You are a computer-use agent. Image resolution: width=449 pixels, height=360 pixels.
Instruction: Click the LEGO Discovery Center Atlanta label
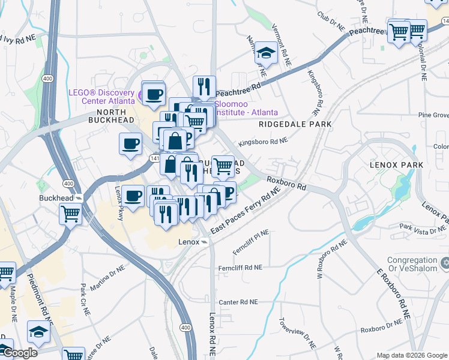click(101, 96)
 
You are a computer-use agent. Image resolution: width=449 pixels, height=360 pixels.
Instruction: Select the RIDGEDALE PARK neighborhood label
click(295, 124)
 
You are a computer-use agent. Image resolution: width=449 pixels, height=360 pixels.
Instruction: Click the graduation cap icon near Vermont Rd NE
click(265, 53)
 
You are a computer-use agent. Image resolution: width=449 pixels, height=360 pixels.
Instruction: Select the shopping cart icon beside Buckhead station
click(70, 212)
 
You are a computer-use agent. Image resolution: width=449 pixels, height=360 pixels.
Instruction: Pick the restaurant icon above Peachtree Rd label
click(204, 86)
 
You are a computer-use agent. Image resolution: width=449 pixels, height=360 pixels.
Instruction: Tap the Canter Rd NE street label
click(238, 302)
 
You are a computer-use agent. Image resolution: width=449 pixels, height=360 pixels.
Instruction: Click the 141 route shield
click(154, 157)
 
